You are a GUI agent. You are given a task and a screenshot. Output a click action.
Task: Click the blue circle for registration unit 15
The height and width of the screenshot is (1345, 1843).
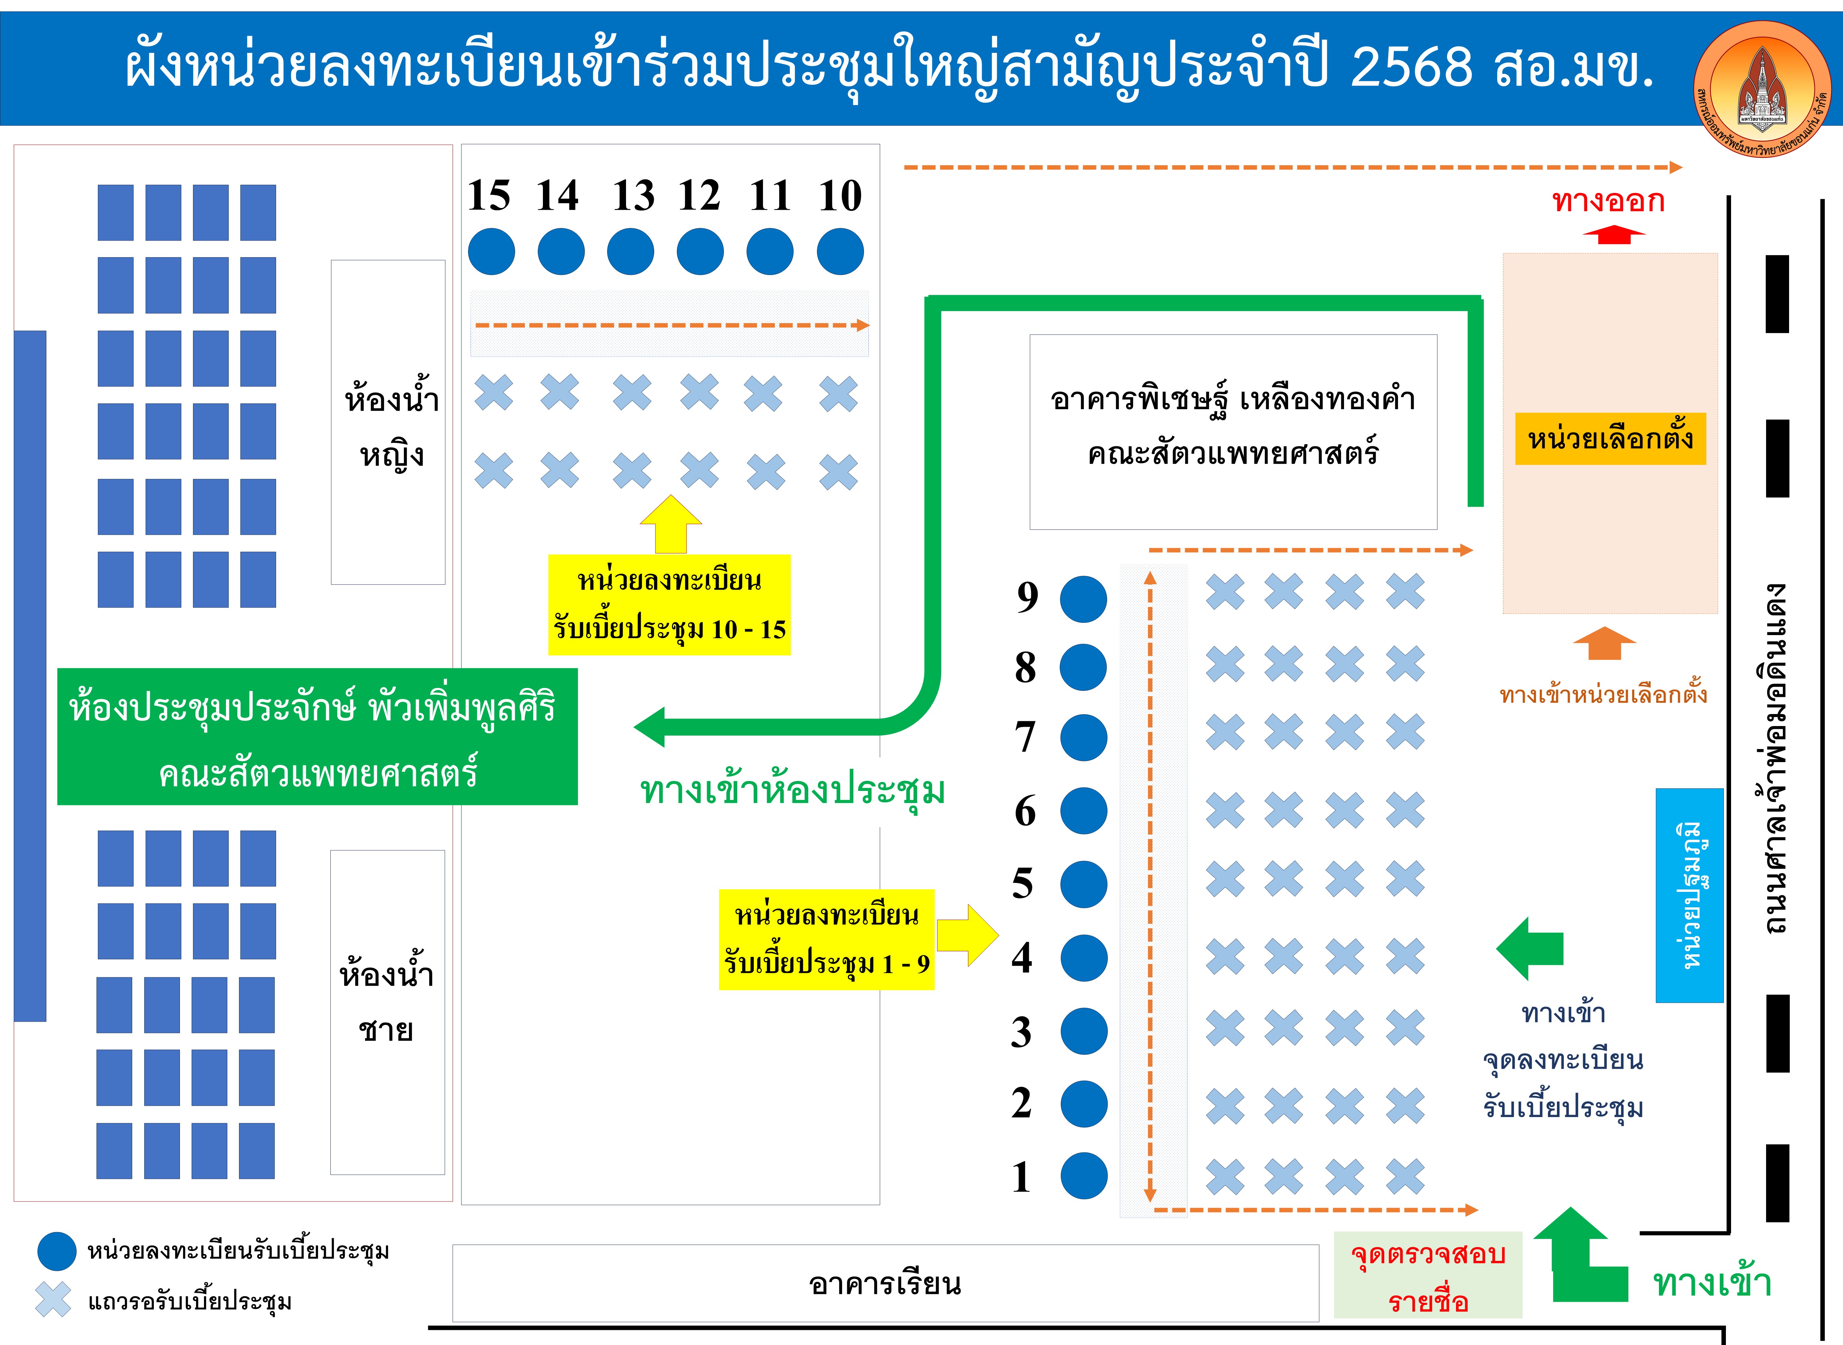click(491, 252)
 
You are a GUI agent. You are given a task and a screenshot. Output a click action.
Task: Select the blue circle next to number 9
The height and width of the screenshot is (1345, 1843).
click(1083, 599)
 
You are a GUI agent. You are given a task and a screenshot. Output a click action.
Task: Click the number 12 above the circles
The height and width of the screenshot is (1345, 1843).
click(699, 195)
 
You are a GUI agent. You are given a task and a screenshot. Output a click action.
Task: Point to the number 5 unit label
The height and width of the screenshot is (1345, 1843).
click(1023, 883)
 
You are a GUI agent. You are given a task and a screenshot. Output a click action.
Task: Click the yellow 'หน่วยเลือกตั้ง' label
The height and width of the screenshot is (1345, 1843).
click(1610, 439)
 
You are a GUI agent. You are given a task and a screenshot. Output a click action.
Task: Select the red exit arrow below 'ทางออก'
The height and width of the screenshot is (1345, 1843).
click(1613, 235)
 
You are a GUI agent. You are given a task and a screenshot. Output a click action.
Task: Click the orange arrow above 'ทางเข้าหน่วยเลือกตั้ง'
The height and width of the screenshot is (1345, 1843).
click(1604, 643)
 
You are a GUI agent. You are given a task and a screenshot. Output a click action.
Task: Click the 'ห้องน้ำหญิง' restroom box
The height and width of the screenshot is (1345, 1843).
click(388, 422)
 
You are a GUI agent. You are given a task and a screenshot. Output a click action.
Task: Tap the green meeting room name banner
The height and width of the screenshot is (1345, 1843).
click(317, 737)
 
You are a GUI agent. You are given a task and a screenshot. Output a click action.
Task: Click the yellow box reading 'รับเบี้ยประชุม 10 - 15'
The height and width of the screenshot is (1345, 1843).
click(669, 605)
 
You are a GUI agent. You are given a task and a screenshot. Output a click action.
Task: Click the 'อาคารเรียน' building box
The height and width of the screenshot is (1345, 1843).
click(885, 1283)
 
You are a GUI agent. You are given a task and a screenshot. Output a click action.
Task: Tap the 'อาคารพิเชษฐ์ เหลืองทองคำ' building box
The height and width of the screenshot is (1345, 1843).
click(1233, 432)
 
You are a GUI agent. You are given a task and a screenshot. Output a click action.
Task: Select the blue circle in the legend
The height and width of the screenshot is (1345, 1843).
click(57, 1251)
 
